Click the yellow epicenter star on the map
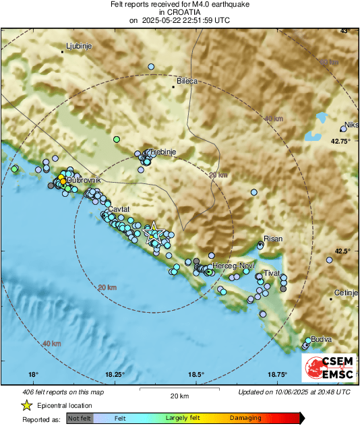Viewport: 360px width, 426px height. [x=153, y=231]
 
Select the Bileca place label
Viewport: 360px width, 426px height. [x=187, y=81]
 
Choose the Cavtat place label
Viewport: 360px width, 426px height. [x=118, y=210]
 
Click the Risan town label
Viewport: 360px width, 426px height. [x=273, y=239]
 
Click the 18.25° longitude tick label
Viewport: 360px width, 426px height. [x=115, y=375]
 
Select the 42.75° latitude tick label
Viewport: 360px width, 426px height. [x=340, y=142]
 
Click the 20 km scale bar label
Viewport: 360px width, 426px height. [x=179, y=396]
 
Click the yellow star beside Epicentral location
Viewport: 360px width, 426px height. [x=26, y=405]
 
